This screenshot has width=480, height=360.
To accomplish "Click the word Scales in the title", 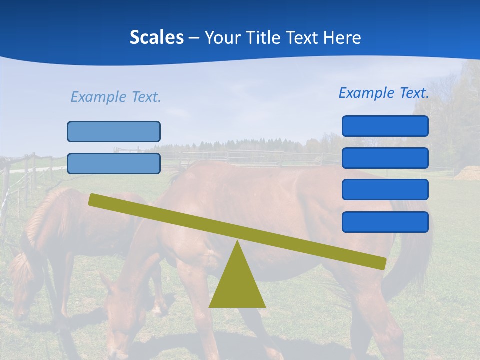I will (156, 37).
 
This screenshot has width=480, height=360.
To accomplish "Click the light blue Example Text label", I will (116, 97).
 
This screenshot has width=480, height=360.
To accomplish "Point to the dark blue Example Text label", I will (384, 93).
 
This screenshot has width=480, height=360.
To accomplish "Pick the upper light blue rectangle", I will (114, 131).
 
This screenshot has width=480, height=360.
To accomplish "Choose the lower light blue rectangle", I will (114, 163).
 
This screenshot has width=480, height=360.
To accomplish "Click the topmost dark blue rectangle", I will (385, 126).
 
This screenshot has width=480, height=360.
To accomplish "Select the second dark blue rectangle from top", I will (385, 158).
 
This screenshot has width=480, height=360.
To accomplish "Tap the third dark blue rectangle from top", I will (385, 190).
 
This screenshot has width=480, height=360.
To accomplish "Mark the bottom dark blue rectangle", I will (385, 222).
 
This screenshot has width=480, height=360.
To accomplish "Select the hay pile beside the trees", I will (468, 173).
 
